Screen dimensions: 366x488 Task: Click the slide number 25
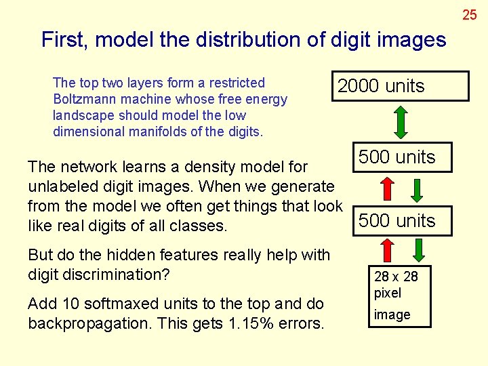pyautogui.click(x=470, y=14)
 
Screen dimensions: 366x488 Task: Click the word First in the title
pyautogui.click(x=66, y=40)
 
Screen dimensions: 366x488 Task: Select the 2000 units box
pyautogui.click(x=401, y=86)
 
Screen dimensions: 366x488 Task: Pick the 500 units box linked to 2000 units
pyautogui.click(x=397, y=157)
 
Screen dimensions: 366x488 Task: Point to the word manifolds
pyautogui.click(x=157, y=131)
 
